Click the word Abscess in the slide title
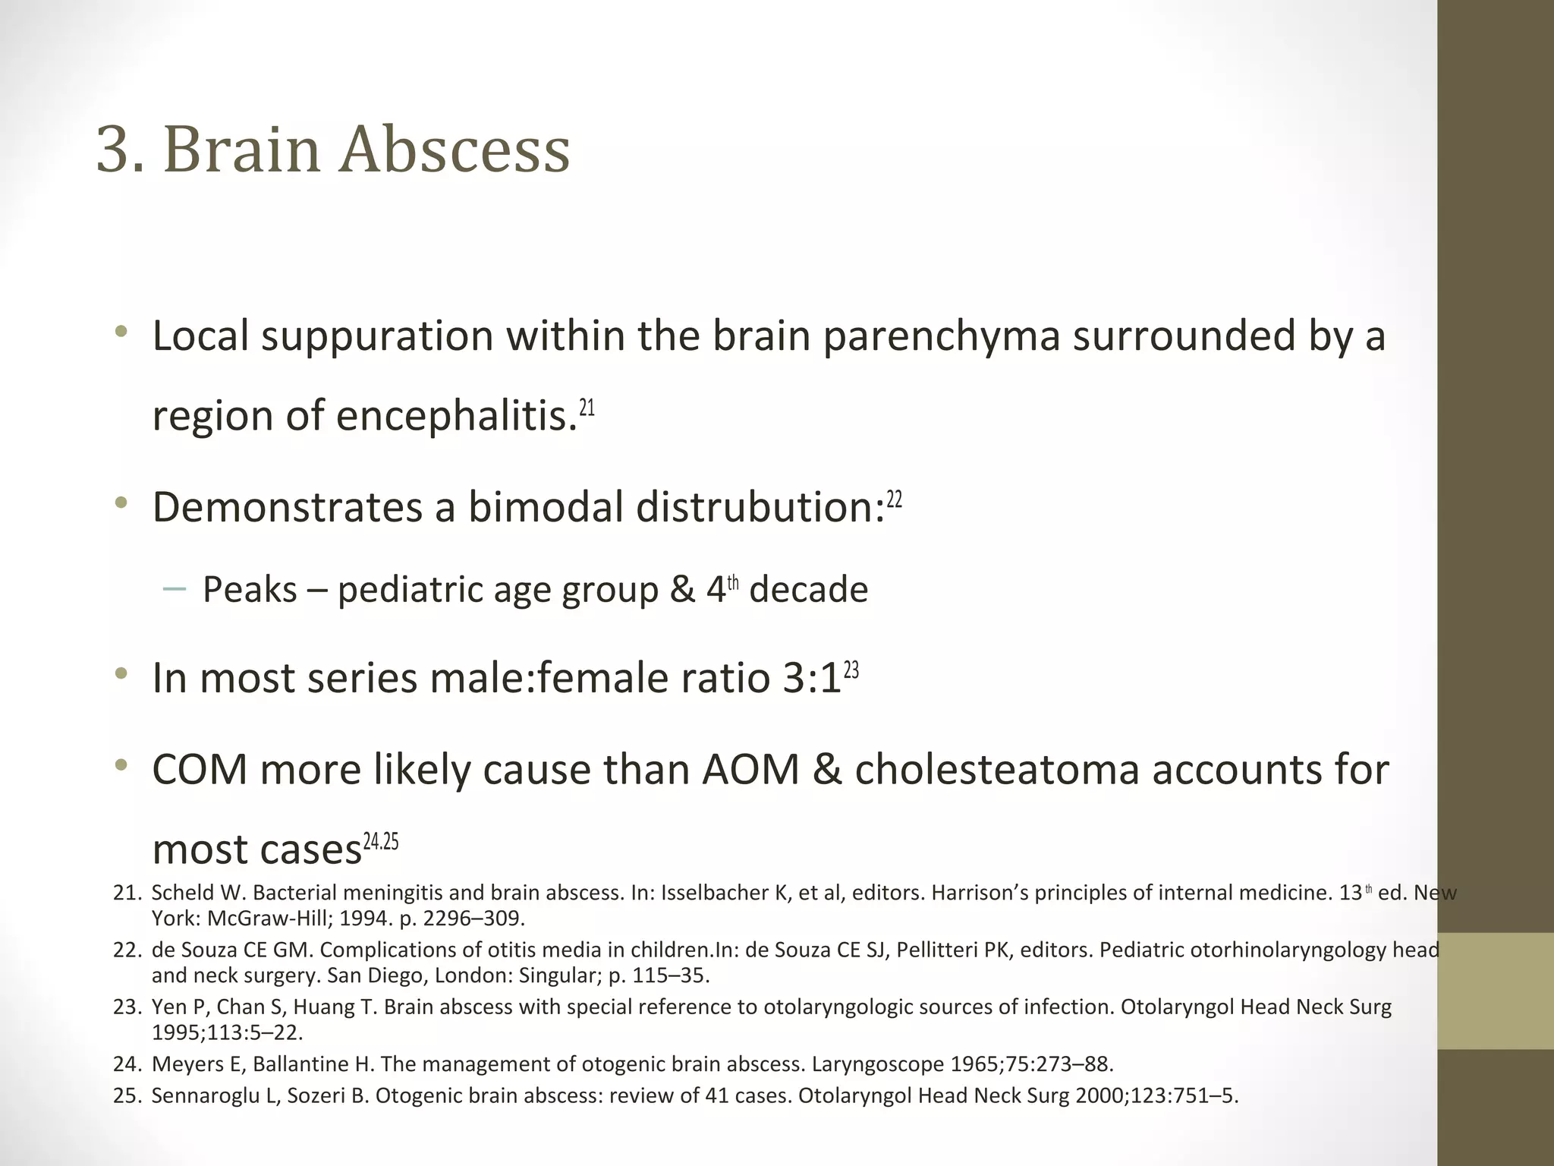click(x=454, y=150)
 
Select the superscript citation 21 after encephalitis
click(x=587, y=408)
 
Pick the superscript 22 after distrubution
click(x=895, y=499)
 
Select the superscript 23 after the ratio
click(x=851, y=670)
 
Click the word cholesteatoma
click(x=997, y=770)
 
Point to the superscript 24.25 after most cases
click(x=381, y=842)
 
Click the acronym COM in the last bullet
click(x=200, y=770)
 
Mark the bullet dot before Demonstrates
click(x=121, y=503)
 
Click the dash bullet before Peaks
click(x=174, y=589)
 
